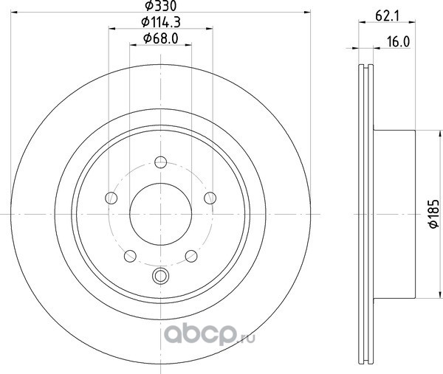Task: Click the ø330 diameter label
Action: click(x=160, y=6)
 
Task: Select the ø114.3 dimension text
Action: click(x=161, y=22)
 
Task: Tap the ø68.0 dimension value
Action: click(x=161, y=38)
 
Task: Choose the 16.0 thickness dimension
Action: click(x=398, y=42)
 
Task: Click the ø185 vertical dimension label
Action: click(x=433, y=213)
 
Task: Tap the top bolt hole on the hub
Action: click(x=160, y=162)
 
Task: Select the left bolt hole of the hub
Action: click(x=111, y=198)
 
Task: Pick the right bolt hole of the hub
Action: click(x=210, y=198)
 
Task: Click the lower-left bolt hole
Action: click(x=130, y=256)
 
